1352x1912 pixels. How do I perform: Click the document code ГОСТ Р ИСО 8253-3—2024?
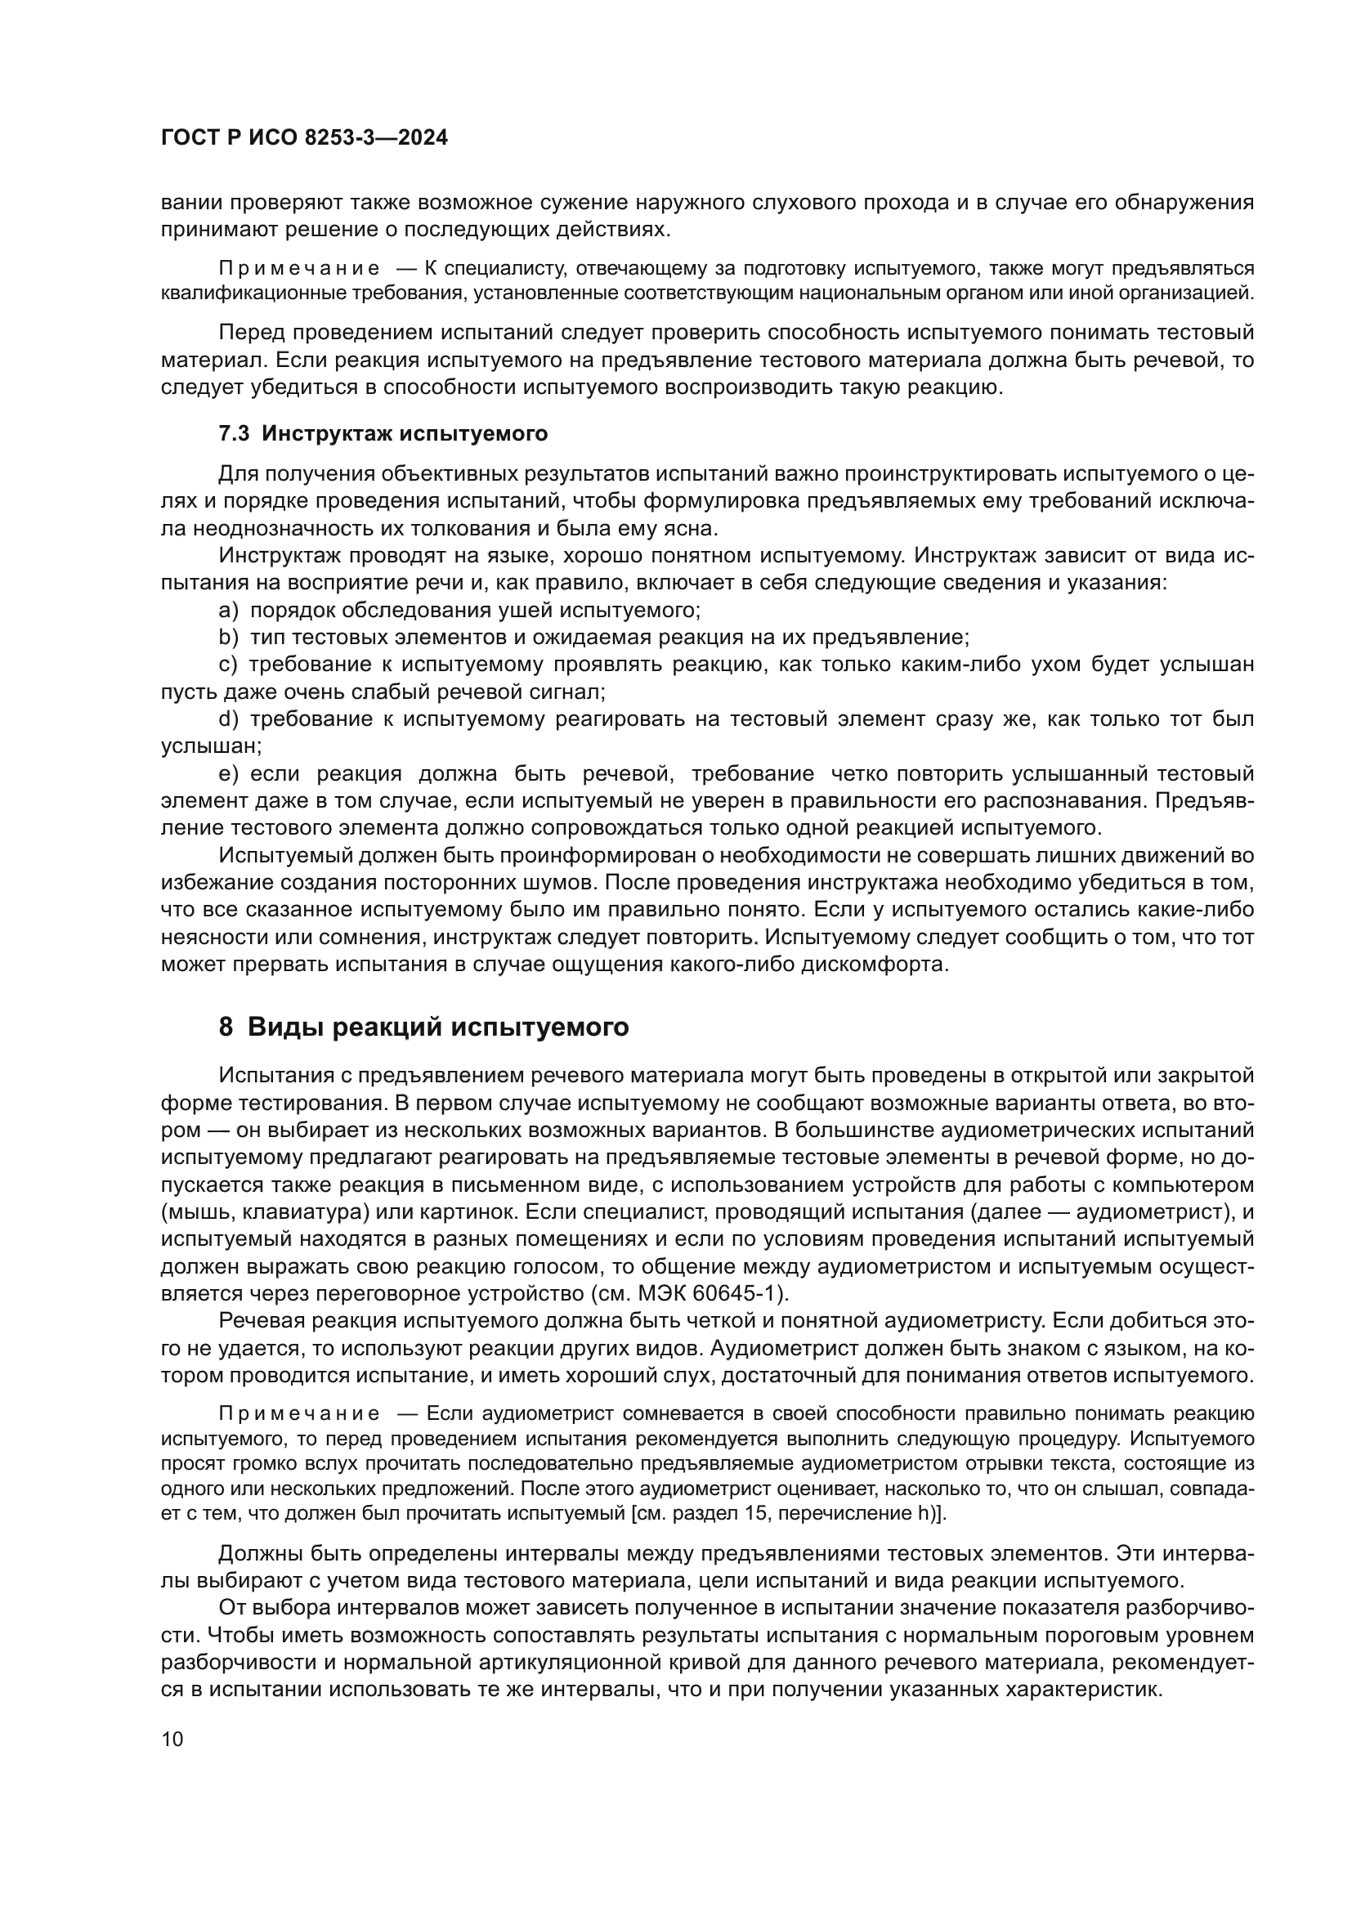[x=304, y=137]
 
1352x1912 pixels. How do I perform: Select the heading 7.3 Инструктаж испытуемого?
[x=383, y=433]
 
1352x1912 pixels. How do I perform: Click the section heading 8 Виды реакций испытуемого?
[x=423, y=1027]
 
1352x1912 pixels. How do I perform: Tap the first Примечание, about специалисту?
[x=299, y=268]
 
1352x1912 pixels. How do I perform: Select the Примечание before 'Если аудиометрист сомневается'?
[x=299, y=1413]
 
